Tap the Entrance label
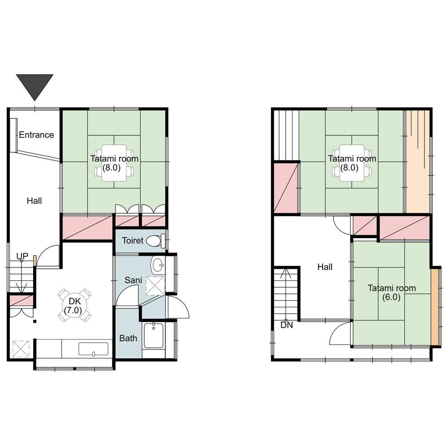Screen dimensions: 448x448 [x=36, y=134]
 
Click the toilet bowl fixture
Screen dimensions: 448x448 [x=156, y=241]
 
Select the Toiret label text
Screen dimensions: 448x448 [x=133, y=241]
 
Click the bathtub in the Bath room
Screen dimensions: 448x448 [x=153, y=336]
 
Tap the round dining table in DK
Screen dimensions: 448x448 [x=74, y=305]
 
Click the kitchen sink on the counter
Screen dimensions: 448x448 [x=94, y=349]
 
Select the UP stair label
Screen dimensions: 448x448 [x=22, y=256]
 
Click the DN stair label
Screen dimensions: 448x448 [x=287, y=325]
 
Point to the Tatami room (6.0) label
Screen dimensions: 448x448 [x=392, y=293]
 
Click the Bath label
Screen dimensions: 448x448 [x=128, y=338]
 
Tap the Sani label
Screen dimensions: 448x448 [x=133, y=280]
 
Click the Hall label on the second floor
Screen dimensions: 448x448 [x=325, y=267]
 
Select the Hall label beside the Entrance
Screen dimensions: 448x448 [x=34, y=201]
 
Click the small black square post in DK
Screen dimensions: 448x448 [x=34, y=321]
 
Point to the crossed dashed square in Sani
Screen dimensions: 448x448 [x=155, y=285]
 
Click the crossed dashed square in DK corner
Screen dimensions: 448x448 [x=21, y=349]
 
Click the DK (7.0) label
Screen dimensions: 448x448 [x=73, y=306]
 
